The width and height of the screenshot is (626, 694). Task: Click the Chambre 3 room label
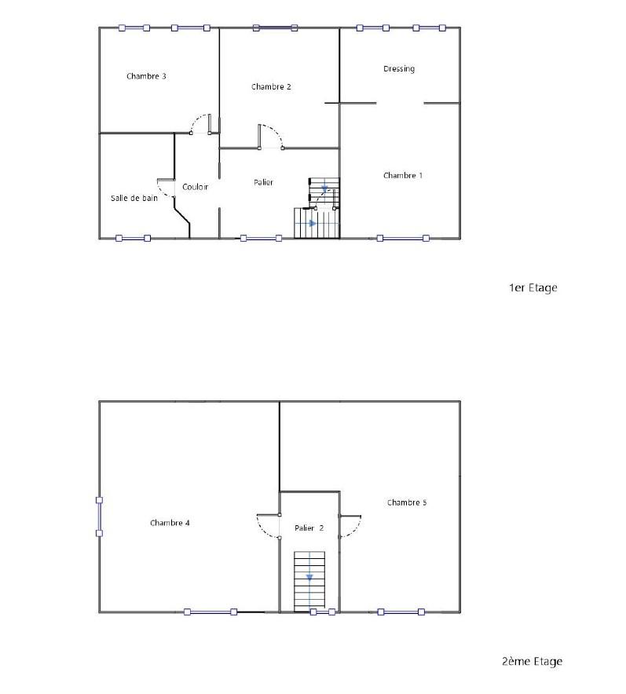[x=146, y=76]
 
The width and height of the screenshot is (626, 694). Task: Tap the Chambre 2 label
[x=271, y=86]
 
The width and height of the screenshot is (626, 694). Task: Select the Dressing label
[x=399, y=68]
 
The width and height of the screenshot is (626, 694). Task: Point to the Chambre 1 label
[x=403, y=175]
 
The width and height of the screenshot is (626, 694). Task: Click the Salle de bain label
[x=134, y=198]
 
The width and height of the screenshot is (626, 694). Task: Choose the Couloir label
[x=196, y=187]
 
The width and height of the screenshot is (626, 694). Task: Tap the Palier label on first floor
[x=263, y=182]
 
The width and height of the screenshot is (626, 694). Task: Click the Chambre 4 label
[x=170, y=523]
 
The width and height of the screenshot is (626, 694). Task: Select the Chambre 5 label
[x=407, y=502]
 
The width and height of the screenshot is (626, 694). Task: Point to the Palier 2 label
[x=309, y=528]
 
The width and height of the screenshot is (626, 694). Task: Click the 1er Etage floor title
[x=533, y=287]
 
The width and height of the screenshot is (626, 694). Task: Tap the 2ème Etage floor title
[x=533, y=661]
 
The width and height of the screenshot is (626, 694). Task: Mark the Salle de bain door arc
[x=161, y=192]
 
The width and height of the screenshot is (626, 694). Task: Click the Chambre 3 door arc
[x=196, y=119]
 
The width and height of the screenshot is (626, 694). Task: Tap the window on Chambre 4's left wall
[x=99, y=517]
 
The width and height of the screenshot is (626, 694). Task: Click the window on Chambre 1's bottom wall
[x=403, y=238]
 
